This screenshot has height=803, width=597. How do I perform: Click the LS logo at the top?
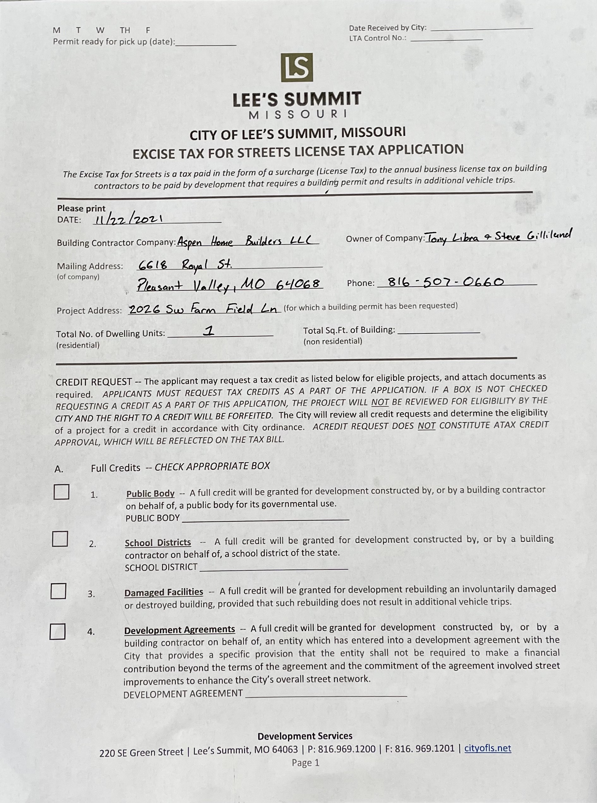pos(297,68)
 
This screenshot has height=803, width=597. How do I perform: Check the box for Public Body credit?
pos(61,492)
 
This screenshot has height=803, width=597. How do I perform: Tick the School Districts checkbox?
pos(60,539)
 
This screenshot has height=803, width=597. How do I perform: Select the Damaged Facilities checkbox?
pos(58,591)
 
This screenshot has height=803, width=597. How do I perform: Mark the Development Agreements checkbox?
pos(57,631)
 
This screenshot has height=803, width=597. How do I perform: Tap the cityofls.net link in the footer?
pos(487,748)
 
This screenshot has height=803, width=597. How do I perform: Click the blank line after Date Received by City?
pos(481,28)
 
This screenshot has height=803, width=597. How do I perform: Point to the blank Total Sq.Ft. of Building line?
pos(438,331)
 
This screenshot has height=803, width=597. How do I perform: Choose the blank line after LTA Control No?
pos(446,39)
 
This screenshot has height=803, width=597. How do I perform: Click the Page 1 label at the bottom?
pos(305,763)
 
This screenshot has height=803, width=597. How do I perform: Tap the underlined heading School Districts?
pos(158,543)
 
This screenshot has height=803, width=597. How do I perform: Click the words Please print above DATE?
pos(81,208)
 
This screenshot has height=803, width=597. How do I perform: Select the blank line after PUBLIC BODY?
pos(265,519)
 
